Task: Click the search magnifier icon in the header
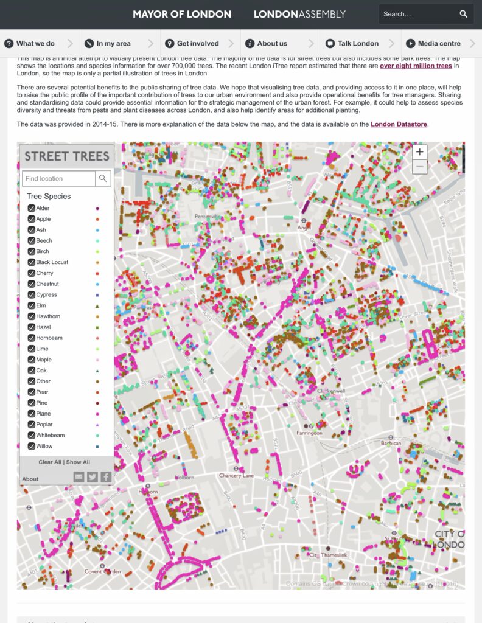click(x=464, y=14)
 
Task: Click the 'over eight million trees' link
click(x=416, y=66)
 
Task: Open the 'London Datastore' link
click(x=399, y=124)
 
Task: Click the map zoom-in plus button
click(x=420, y=151)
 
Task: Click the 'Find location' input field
click(x=59, y=178)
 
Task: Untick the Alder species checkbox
click(x=32, y=208)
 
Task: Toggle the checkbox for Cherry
click(x=32, y=273)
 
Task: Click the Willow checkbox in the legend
click(x=32, y=446)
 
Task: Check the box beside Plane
click(x=32, y=414)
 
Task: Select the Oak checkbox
click(x=32, y=371)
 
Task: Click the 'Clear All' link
click(x=50, y=462)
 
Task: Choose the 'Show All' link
click(x=78, y=462)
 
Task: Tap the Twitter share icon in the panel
click(x=92, y=477)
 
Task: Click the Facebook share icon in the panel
click(x=106, y=477)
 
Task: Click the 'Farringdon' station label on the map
click(x=309, y=433)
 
